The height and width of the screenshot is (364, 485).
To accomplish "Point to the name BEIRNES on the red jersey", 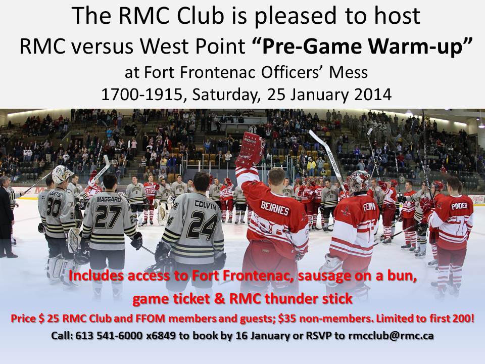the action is [275, 209].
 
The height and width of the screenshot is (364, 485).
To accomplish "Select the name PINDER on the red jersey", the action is [459, 206].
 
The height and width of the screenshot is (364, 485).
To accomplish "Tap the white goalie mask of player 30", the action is [62, 174].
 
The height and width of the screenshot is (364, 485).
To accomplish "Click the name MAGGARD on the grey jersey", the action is [109, 199].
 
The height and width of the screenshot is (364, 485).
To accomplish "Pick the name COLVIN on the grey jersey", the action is [206, 205].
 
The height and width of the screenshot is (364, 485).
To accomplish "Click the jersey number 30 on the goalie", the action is [55, 207].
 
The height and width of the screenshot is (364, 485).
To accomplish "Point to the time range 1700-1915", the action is [141, 95].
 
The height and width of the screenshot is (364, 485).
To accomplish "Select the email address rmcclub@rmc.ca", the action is [391, 336].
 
